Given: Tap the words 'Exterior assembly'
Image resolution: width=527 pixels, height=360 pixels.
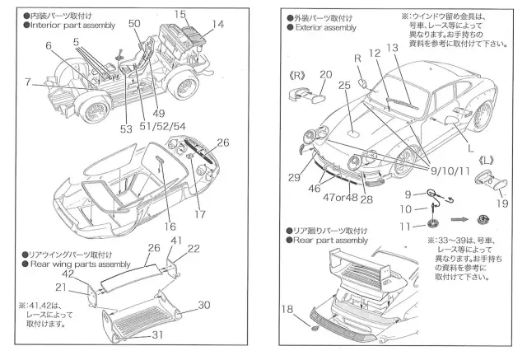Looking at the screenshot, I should click(x=326, y=27).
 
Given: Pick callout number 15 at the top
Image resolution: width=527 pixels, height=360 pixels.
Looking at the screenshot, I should click(x=182, y=13).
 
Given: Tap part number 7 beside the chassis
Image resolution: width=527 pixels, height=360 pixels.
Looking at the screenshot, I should click(x=29, y=82).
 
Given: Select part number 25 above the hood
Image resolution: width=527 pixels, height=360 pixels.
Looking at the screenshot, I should click(x=345, y=85).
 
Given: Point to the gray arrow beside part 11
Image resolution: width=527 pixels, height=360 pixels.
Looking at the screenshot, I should click(x=461, y=220).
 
